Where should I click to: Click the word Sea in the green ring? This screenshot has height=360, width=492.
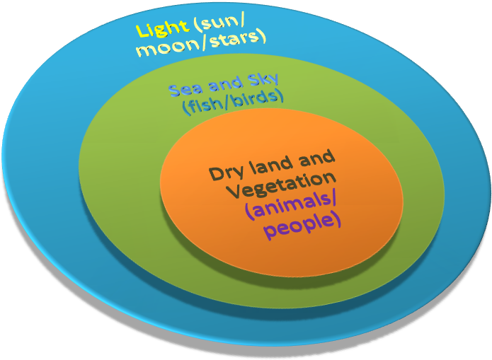[x=183, y=90]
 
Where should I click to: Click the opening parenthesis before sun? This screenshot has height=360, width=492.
[x=195, y=30]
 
